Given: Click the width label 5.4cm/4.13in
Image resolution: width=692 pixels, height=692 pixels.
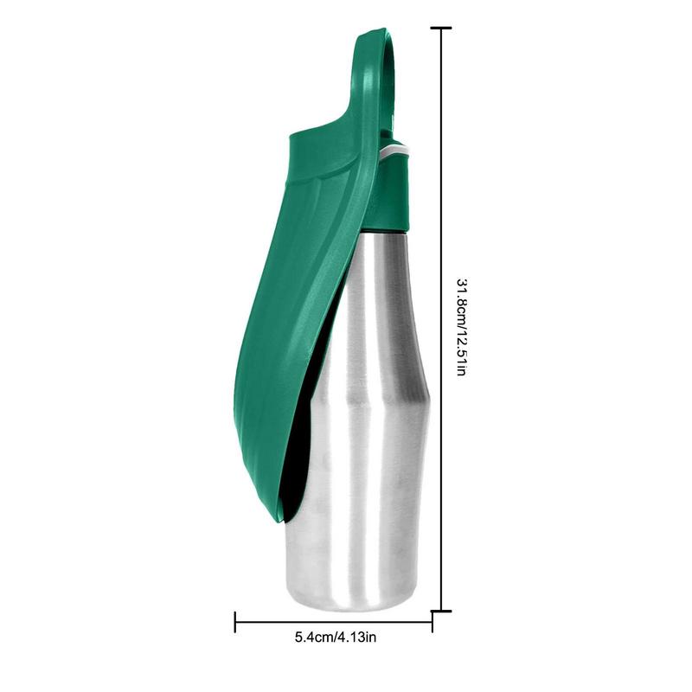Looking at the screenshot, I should point(336,638).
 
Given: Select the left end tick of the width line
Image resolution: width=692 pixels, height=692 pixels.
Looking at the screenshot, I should point(235,620).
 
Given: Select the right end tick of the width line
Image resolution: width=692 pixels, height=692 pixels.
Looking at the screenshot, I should point(432,620).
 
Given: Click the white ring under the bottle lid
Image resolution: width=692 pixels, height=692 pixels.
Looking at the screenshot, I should point(395,152).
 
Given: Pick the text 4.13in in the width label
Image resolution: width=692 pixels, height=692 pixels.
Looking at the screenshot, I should point(358,638).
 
